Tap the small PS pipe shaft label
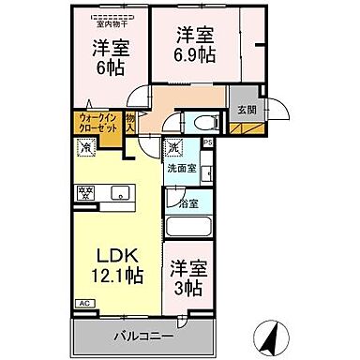(207, 143)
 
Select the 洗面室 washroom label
(181, 170)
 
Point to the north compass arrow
(271, 333)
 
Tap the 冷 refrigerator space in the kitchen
(84, 148)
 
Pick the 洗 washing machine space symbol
(174, 148)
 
